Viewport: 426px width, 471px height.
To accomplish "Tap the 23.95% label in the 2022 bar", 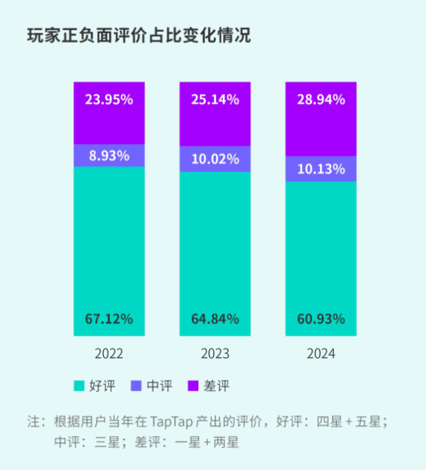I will [109, 99].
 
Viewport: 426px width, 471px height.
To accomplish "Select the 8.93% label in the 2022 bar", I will [109, 155].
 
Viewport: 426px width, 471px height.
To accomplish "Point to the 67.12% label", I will [109, 318].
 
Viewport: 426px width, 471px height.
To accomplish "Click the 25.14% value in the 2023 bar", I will [215, 99].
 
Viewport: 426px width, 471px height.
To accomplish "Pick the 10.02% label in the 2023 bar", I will [215, 160].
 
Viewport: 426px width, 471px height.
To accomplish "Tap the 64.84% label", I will [215, 318].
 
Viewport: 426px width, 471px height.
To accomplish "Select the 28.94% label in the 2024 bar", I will [321, 99].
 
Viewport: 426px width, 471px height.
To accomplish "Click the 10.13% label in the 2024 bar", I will [321, 169].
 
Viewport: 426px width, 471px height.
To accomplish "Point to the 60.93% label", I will [321, 318].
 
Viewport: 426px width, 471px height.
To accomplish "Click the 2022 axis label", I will [109, 354].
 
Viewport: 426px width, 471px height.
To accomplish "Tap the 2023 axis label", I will [215, 354].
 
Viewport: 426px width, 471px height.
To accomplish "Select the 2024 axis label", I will [321, 354].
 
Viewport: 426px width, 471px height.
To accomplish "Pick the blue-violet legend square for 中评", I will [136, 385].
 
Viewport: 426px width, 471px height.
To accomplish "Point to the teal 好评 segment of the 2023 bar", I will [215, 248].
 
